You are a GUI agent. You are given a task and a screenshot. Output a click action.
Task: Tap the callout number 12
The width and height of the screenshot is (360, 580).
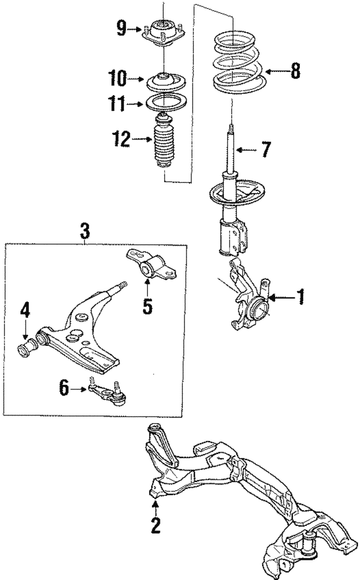pyautogui.click(x=121, y=139)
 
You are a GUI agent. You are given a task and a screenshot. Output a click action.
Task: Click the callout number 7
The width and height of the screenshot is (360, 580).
pyautogui.click(x=265, y=150)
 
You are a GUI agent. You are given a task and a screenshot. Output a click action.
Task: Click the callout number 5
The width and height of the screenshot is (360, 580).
pyautogui.click(x=147, y=307)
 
